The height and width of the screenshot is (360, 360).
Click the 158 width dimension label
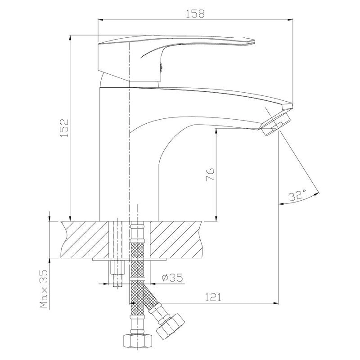coord(195,14)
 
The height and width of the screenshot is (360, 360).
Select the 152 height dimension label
coord(64,128)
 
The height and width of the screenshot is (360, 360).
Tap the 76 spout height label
coord(210,175)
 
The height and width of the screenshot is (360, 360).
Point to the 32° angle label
coord(297,195)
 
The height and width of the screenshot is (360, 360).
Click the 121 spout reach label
coord(213,297)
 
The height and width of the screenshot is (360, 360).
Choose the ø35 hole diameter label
coord(172,278)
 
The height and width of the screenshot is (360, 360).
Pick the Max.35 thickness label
coord(44,288)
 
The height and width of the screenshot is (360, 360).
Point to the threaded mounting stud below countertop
coord(117,273)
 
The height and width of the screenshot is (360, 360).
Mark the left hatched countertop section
coord(85,239)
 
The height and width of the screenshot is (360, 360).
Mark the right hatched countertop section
coord(176,239)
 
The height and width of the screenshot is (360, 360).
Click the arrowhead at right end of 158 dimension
coord(291,20)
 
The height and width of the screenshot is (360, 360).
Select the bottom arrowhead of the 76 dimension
coord(216,218)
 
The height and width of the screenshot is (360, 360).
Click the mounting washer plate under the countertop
coord(130,259)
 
